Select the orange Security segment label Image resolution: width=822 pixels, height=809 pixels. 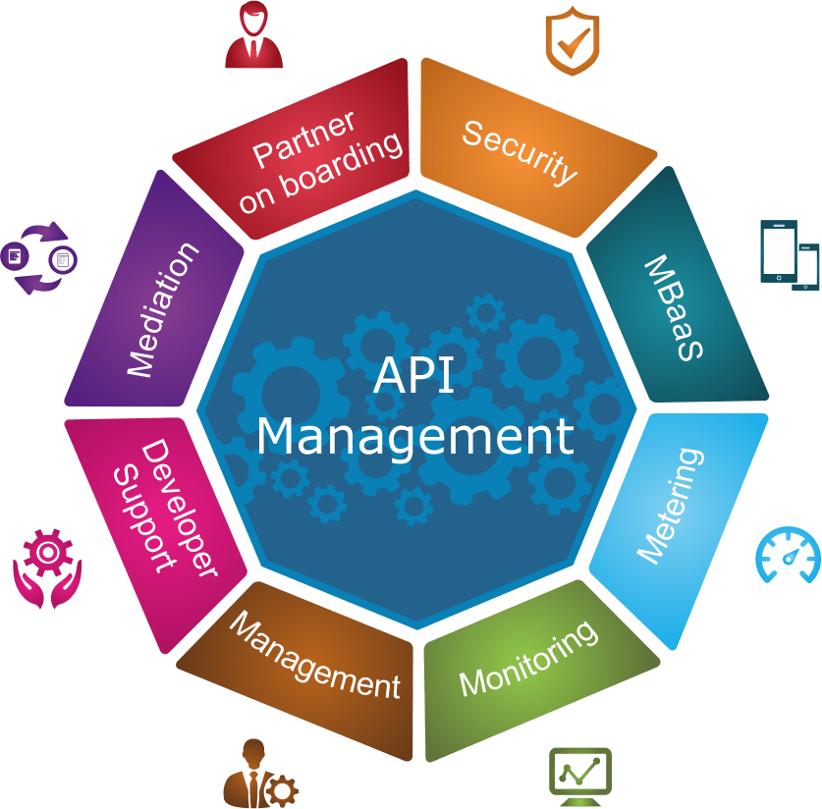point(520,151)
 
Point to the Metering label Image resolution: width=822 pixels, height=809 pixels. point(671,507)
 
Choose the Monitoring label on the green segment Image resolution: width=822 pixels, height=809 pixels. point(527,659)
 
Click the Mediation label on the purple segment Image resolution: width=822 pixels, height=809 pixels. point(162,308)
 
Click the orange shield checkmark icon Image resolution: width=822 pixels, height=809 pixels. point(572,44)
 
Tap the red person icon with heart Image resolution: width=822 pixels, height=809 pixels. point(253,35)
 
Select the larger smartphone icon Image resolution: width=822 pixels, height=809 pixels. point(778,251)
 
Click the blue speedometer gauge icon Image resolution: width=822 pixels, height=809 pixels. point(788,556)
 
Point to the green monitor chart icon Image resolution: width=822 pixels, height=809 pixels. point(579,776)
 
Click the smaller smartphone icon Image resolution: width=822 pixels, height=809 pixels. point(807,267)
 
